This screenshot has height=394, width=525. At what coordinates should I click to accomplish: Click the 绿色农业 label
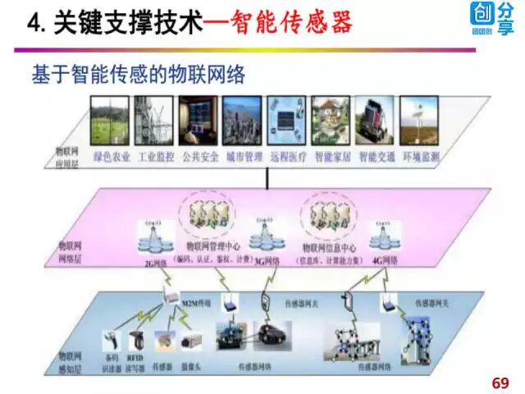click(x=112, y=155)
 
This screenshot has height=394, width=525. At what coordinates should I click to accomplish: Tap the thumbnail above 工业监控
click(x=155, y=121)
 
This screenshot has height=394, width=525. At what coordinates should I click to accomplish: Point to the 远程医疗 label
click(x=286, y=155)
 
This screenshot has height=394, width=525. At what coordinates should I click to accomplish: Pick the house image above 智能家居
click(x=331, y=121)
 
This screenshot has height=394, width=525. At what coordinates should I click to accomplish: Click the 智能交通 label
click(x=377, y=155)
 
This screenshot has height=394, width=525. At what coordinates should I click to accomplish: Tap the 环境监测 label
click(x=421, y=155)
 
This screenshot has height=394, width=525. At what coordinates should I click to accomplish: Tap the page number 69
click(x=500, y=383)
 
